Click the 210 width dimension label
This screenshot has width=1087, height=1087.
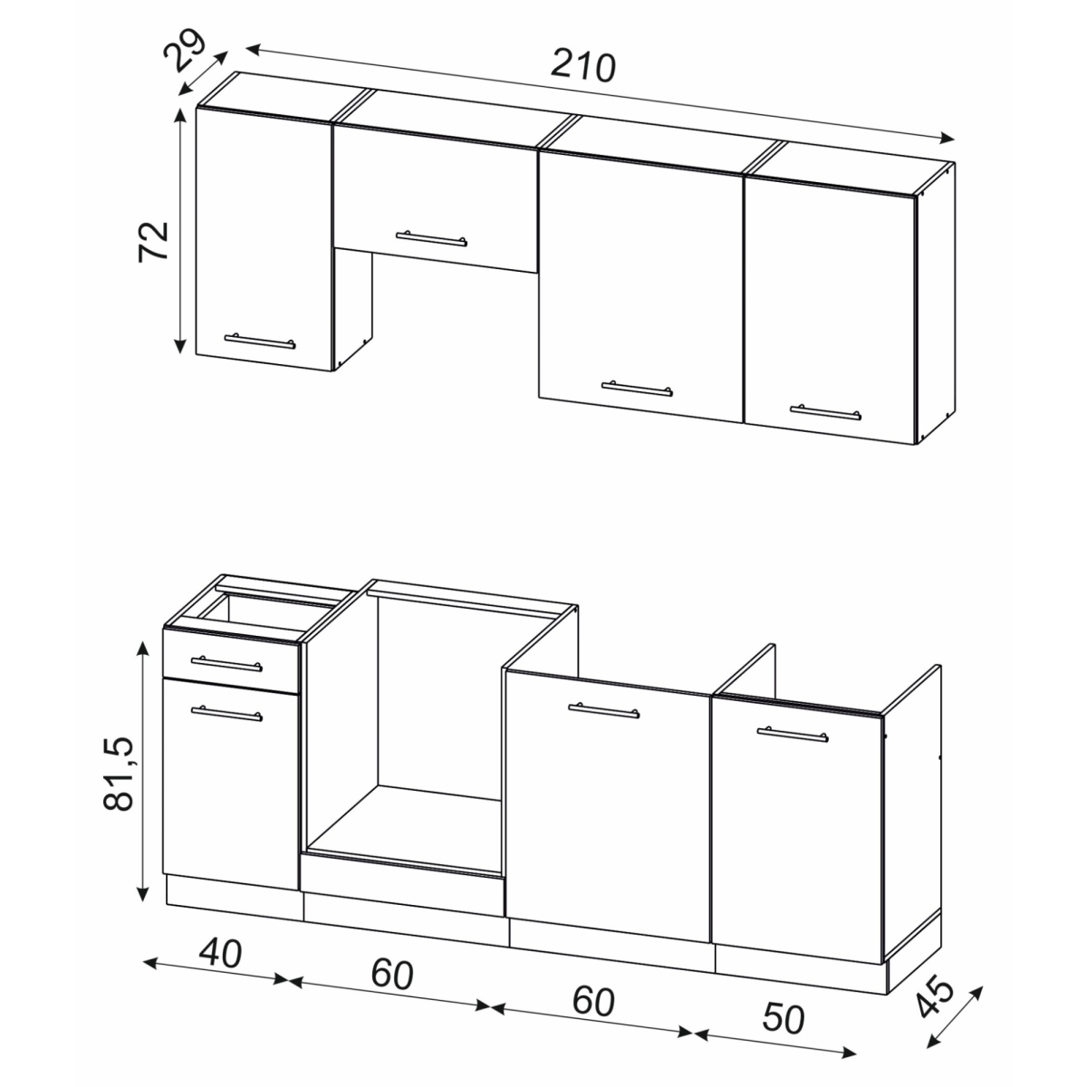582,65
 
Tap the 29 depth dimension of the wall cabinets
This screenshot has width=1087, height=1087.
184,52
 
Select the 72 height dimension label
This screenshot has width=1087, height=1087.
153,242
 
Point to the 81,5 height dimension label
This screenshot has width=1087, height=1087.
119,773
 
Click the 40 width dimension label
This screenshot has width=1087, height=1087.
220,953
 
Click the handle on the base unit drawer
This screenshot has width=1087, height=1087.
226,664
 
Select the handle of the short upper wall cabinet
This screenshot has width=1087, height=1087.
431,238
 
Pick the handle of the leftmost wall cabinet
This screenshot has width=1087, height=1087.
259,341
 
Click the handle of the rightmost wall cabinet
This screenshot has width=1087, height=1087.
825,412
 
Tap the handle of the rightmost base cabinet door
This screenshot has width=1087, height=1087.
793,734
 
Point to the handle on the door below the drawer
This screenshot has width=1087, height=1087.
226,714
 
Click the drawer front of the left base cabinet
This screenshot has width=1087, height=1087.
230,661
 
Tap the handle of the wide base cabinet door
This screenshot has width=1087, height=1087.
603,710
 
